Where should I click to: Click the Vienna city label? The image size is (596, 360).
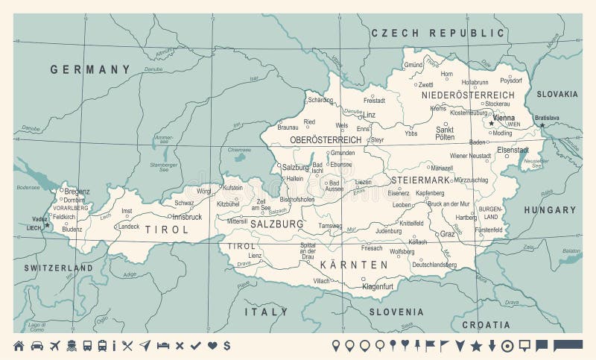pos(504,118)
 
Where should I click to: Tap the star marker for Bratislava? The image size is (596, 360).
pos(543,125)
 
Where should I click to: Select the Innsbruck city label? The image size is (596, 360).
pos(186,217)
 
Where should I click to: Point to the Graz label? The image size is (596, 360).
pos(447,233)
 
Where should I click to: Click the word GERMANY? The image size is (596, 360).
pos(90,69)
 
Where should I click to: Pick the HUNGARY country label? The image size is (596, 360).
pos(550,210)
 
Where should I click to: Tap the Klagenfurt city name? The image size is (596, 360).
pos(377,286)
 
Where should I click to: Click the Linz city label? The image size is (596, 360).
pos(370,115)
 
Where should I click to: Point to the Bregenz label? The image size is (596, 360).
pos(76,192)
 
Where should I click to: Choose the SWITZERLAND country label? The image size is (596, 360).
pos(58,268)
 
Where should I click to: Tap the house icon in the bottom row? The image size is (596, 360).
pos(19,345)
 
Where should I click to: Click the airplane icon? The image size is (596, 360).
pos(54,345)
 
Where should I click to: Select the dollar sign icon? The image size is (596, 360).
pos(226,345)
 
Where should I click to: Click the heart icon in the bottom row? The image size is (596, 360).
pos(212,345)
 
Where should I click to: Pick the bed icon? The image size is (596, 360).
pos(163,345)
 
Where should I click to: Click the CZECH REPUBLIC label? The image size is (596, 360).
pos(438,33)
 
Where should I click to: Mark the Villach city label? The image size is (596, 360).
pos(321,280)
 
